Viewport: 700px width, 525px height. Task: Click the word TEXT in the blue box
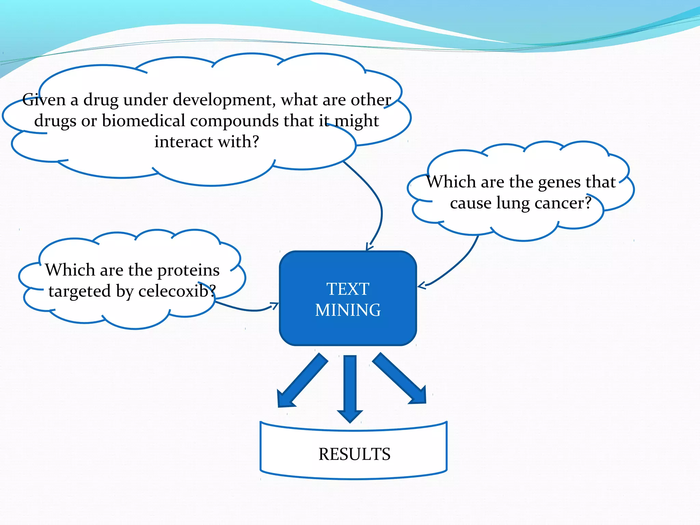pyautogui.click(x=348, y=289)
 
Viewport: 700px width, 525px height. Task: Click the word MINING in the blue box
pyautogui.click(x=348, y=310)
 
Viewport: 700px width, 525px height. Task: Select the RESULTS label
pyautogui.click(x=354, y=454)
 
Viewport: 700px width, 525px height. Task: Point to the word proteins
pyautogui.click(x=188, y=270)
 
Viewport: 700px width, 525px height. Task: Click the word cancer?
pyautogui.click(x=563, y=203)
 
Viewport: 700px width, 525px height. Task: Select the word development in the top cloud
pyautogui.click(x=224, y=100)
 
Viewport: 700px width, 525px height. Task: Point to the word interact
pyautogui.click(x=184, y=142)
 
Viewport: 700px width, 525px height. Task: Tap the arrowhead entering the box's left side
pyautogui.click(x=274, y=305)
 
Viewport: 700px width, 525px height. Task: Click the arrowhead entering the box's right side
pyautogui.click(x=422, y=285)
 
